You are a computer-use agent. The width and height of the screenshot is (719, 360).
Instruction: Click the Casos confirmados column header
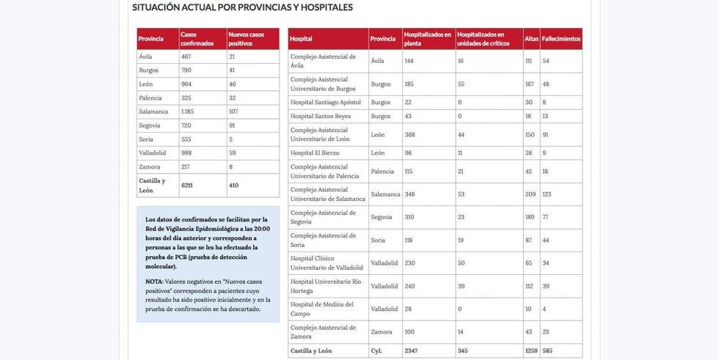click(197, 39)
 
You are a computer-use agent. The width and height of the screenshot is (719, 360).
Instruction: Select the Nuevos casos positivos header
click(247, 39)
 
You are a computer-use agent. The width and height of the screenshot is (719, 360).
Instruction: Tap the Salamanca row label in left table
click(153, 111)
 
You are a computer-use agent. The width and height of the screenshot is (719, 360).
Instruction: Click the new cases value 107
click(235, 111)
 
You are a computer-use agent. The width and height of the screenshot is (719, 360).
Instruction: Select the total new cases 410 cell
click(234, 185)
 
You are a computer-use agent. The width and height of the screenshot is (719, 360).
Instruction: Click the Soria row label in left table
click(147, 139)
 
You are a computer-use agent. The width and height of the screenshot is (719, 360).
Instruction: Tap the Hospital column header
click(301, 39)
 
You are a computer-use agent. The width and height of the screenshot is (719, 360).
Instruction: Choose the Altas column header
click(531, 39)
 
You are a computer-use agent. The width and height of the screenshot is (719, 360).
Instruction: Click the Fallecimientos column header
click(561, 39)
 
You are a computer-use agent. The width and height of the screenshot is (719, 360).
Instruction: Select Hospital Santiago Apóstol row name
click(326, 102)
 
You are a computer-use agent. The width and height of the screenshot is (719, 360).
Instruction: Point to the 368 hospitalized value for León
click(410, 134)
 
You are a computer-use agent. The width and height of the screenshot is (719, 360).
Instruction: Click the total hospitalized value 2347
click(412, 351)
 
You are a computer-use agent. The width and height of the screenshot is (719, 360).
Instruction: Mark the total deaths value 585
click(548, 351)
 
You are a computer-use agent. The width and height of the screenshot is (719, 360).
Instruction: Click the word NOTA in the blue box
click(154, 282)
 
